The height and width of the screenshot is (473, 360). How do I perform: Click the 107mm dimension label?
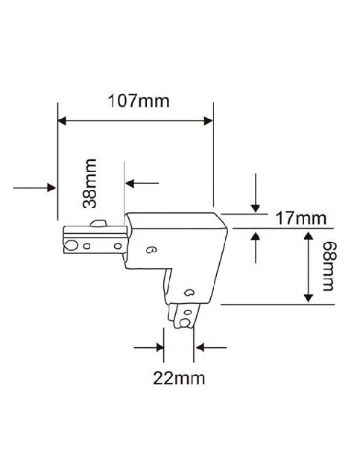(x=139, y=101)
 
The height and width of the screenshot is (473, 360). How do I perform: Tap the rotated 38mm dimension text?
(x=89, y=183)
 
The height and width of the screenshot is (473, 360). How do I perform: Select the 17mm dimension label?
(x=301, y=218)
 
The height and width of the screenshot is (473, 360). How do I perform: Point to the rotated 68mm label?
(x=328, y=266)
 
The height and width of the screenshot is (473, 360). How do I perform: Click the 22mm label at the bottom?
(x=179, y=378)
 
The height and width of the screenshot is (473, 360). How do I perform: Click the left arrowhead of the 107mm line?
(x=62, y=121)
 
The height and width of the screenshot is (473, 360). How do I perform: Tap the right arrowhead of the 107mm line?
(x=209, y=121)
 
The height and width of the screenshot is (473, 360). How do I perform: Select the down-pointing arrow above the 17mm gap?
(x=256, y=193)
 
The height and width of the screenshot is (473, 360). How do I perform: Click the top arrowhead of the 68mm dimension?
(x=308, y=236)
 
